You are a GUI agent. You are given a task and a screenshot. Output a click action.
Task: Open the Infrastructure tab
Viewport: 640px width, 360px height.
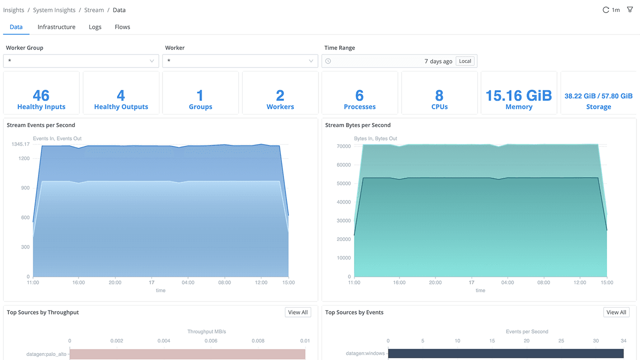coord(56,27)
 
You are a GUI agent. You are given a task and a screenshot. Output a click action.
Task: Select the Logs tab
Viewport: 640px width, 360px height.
coord(95,27)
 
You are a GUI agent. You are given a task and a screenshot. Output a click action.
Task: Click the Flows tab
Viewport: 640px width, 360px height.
coord(122,27)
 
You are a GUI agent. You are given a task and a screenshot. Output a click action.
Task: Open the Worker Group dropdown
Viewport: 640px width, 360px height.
coord(81,61)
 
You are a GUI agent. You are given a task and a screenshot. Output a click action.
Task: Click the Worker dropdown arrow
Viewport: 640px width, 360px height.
coord(311,61)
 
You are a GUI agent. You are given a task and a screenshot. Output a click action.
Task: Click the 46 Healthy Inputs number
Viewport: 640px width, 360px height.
coord(41,95)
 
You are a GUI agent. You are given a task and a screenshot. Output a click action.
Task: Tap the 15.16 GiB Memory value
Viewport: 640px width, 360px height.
coord(518,95)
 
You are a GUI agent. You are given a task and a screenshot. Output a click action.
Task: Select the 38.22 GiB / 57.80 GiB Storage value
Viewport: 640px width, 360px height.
coord(598,96)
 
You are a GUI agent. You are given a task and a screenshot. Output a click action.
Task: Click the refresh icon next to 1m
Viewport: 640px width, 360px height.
coord(606,10)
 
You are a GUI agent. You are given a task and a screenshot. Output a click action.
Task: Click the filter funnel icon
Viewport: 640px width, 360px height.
coord(630,9)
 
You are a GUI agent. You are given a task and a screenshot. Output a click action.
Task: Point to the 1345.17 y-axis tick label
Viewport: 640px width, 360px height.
coord(20,144)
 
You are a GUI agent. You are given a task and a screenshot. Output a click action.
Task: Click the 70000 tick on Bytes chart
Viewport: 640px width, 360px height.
coord(343,146)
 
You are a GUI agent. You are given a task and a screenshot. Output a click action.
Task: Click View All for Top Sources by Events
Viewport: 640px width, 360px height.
coord(616,312)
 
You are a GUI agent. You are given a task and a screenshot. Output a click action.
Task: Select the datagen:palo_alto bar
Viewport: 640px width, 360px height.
coord(187,354)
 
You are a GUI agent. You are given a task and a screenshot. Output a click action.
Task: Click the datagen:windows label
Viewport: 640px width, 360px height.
coord(365,353)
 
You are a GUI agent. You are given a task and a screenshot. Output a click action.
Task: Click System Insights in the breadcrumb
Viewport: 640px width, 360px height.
coord(54,10)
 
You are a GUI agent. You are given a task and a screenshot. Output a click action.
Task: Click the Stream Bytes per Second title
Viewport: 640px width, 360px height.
coord(357,125)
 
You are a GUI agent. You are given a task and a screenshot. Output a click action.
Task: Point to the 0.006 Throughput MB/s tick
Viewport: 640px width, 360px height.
coord(210,341)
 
